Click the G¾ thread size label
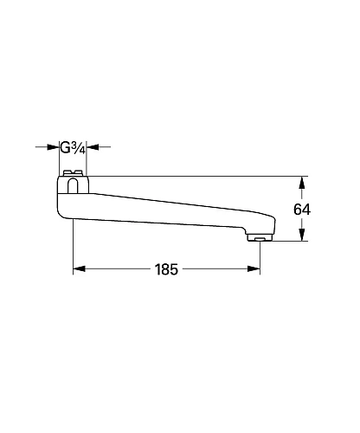(73, 146)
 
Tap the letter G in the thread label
(67, 146)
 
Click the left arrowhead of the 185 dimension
(78, 269)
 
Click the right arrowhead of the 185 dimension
(254, 269)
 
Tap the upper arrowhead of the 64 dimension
(300, 181)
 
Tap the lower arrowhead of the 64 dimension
(300, 236)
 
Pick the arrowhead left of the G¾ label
(54, 146)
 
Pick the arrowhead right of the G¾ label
(93, 146)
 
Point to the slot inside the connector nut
(73, 183)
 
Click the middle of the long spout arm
(164, 208)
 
